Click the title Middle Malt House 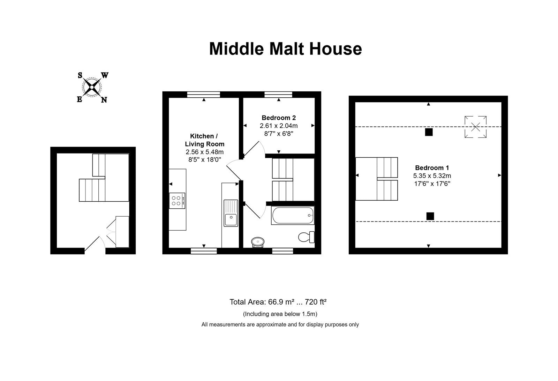285,48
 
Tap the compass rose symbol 92,87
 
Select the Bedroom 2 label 279,118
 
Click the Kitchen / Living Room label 204,140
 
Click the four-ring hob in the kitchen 177,201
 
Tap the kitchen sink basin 231,219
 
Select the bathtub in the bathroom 293,216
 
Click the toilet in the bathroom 307,237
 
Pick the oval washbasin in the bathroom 258,242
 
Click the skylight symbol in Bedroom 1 476,127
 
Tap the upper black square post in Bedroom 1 429,132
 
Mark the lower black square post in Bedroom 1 430,216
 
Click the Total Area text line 278,302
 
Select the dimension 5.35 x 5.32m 432,176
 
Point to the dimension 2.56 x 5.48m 204,152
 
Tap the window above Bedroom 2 278,95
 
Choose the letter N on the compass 104,100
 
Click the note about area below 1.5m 280,314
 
